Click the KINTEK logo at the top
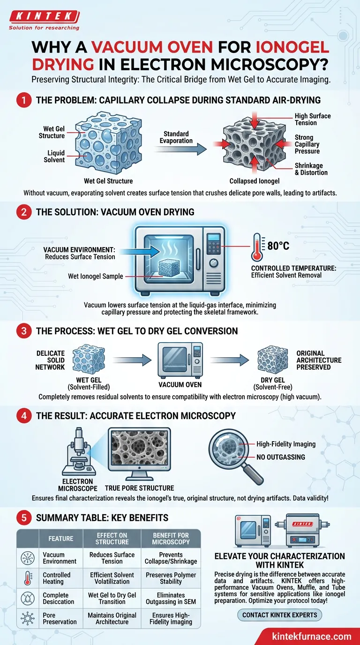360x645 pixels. (44, 20)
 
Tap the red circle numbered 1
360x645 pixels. (23, 100)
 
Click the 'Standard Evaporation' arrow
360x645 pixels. (180, 149)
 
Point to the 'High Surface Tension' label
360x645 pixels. (313, 119)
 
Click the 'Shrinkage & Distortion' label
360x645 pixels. (311, 169)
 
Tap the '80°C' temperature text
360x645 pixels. (278, 246)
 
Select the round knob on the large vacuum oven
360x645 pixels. (213, 263)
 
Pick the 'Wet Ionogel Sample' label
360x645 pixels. (95, 276)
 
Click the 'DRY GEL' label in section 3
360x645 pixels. (272, 380)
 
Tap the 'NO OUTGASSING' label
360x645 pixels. (280, 457)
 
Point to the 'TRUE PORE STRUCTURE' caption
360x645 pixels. (139, 488)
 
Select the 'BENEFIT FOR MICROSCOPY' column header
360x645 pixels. (171, 539)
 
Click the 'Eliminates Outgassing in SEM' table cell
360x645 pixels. (171, 598)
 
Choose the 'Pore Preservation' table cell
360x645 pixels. (60, 618)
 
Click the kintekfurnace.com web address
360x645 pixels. (312, 636)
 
